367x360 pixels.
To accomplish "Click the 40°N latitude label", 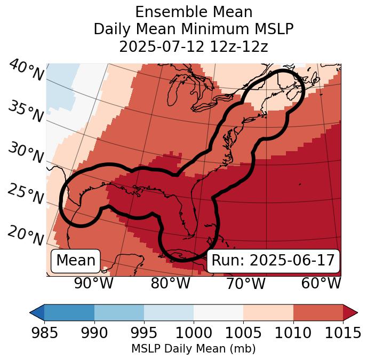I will click(x=26, y=71).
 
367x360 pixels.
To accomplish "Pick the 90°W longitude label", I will click(x=94, y=283).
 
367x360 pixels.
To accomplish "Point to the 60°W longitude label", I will click(x=321, y=283).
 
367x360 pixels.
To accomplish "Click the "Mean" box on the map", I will click(x=76, y=261).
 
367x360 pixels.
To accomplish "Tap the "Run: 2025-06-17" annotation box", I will click(x=273, y=261).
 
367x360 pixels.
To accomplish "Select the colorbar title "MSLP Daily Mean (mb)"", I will click(x=194, y=349).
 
